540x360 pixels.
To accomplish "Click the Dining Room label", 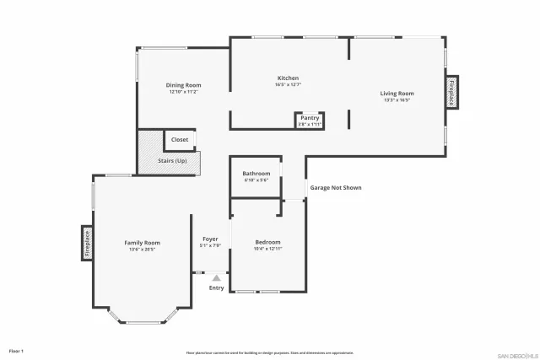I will click(x=183, y=84).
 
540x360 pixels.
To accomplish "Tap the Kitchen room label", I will click(x=288, y=78).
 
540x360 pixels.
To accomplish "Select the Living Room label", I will click(x=397, y=93).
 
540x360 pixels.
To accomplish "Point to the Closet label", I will click(x=180, y=139).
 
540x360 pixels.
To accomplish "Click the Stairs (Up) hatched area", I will click(x=172, y=160).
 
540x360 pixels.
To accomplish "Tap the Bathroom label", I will click(x=256, y=173).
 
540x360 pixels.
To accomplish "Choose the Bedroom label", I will click(x=267, y=242).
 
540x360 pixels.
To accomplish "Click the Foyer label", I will click(x=210, y=239).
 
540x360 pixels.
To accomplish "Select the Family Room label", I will click(x=142, y=242).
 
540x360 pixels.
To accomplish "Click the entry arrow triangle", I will click(x=217, y=277).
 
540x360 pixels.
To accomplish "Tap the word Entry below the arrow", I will click(x=217, y=288).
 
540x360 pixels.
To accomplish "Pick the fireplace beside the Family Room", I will click(x=86, y=243).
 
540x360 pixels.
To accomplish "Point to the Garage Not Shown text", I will click(x=335, y=187).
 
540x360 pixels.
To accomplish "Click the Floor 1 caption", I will click(x=16, y=350).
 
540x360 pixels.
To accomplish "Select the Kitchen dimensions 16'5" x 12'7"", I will click(x=288, y=85).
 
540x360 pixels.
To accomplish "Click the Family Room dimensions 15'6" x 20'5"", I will click(x=142, y=249).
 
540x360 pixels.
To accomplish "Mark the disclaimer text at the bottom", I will click(x=270, y=352).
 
